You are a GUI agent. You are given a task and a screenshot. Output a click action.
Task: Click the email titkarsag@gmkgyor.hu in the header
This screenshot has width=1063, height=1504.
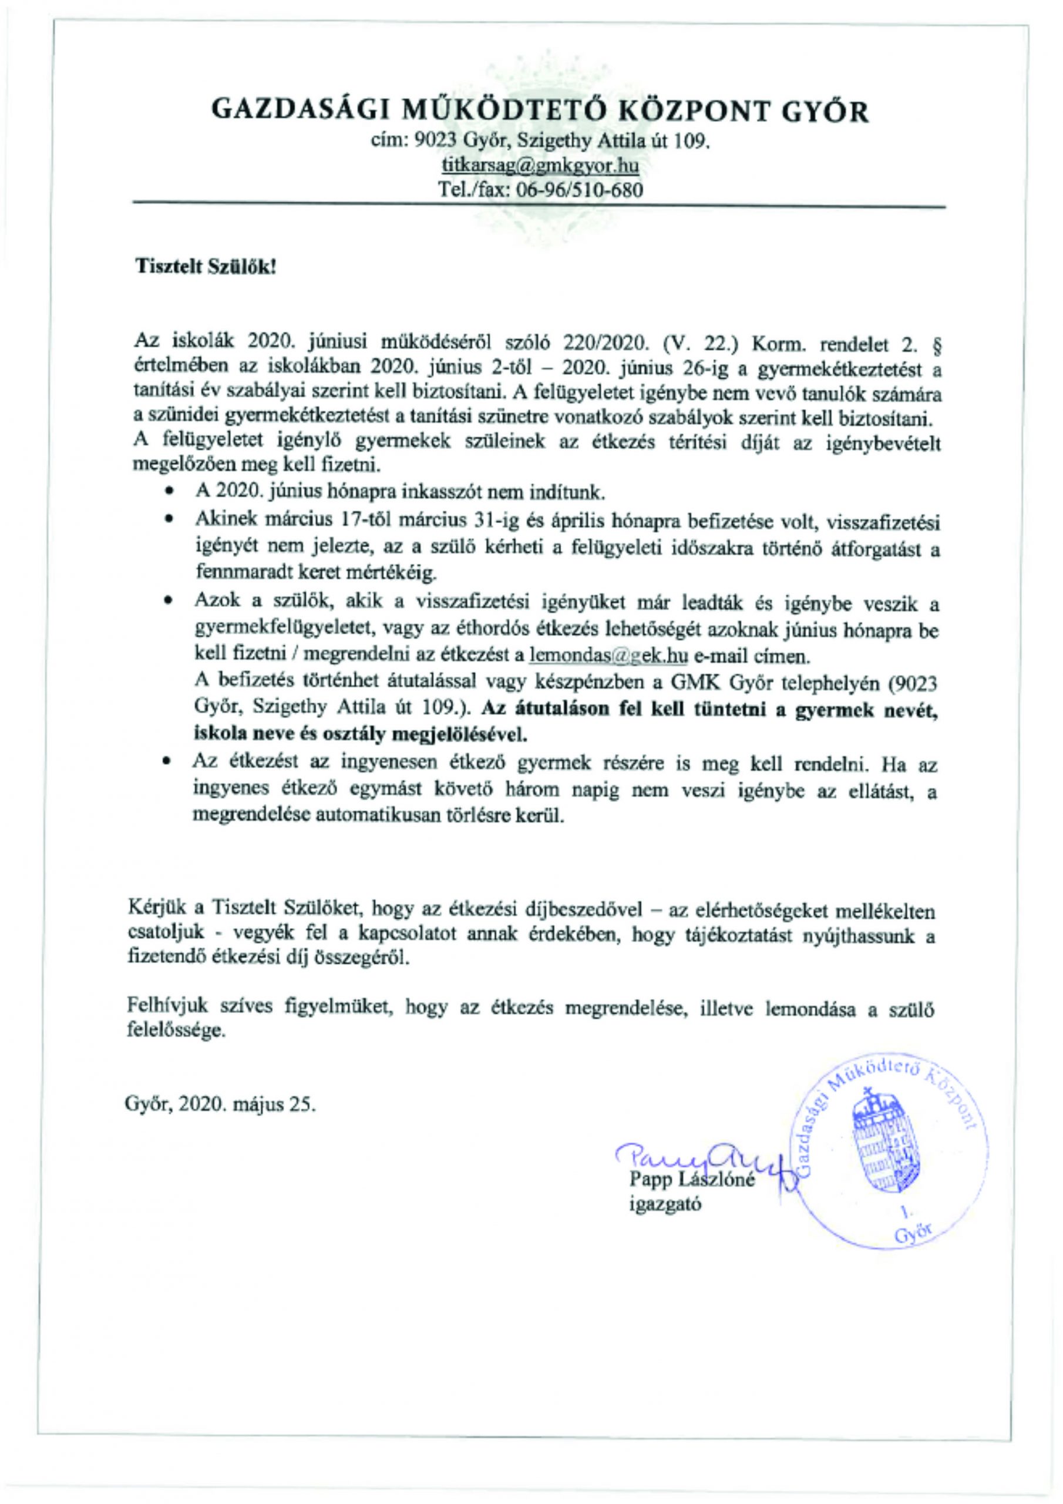540,165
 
